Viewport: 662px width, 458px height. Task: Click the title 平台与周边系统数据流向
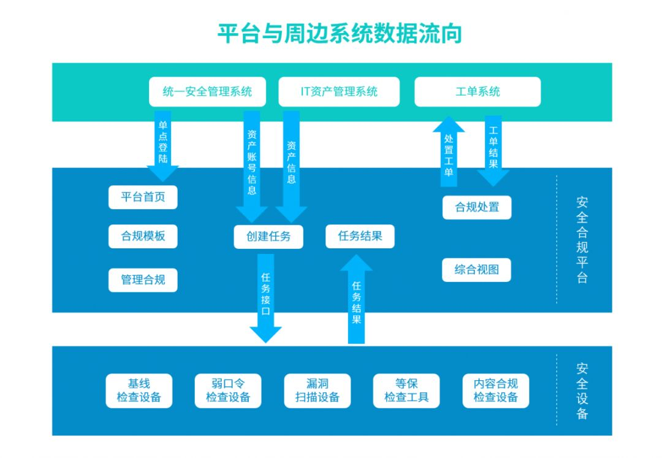[x=340, y=33]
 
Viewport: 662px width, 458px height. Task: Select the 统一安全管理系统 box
[x=207, y=92]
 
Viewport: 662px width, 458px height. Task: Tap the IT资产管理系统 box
[x=338, y=92]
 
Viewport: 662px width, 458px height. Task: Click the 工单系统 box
[x=477, y=92]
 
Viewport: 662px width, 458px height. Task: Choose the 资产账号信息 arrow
[x=251, y=164]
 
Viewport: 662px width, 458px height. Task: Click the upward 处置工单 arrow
[x=449, y=153]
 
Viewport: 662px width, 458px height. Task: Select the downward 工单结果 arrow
[x=493, y=150]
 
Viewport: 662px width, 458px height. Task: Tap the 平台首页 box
[x=143, y=197]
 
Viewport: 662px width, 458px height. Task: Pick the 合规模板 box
[x=143, y=236]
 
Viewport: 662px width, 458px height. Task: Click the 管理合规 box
[x=143, y=280]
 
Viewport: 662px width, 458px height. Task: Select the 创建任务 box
[x=268, y=237]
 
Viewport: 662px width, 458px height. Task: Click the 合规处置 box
[x=477, y=207]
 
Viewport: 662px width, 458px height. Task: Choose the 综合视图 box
[x=476, y=270]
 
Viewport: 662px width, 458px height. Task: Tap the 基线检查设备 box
[x=139, y=391]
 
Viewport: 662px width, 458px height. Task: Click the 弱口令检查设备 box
[x=228, y=391]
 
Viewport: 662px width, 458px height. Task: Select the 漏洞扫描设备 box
[x=318, y=391]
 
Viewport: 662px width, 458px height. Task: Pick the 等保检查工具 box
[x=406, y=391]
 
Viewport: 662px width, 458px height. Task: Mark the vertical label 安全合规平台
[x=582, y=240]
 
